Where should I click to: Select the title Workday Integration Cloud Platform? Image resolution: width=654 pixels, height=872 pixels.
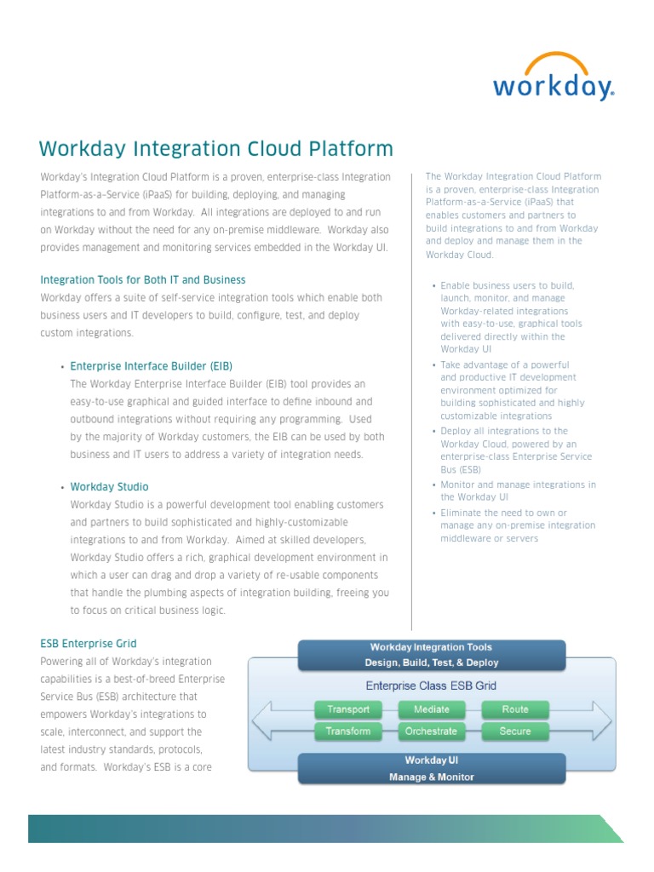[x=216, y=149]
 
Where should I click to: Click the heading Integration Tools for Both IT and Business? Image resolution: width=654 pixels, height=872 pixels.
[x=143, y=279]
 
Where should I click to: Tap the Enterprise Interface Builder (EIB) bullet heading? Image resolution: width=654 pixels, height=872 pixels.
[x=151, y=366]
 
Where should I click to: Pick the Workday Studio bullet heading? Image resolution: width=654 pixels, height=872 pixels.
[x=109, y=486]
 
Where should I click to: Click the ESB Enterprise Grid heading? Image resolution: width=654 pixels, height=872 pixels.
[x=89, y=643]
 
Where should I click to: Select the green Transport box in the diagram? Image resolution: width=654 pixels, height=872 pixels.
[x=348, y=709]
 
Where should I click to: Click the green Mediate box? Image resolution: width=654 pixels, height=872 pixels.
[x=431, y=709]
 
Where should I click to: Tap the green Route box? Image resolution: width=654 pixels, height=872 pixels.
[x=515, y=709]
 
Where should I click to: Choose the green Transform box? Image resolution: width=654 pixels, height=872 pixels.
[x=348, y=731]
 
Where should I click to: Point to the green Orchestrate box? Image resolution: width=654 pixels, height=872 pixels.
[x=431, y=731]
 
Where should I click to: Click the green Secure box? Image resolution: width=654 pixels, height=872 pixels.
[x=515, y=731]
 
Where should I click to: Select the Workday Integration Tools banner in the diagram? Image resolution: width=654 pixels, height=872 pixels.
[x=431, y=654]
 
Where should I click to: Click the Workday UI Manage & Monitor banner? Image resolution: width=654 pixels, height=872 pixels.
[x=431, y=768]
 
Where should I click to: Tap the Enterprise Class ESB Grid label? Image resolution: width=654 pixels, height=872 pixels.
[x=431, y=686]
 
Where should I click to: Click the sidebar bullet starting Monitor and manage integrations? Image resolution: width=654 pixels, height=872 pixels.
[x=518, y=490]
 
